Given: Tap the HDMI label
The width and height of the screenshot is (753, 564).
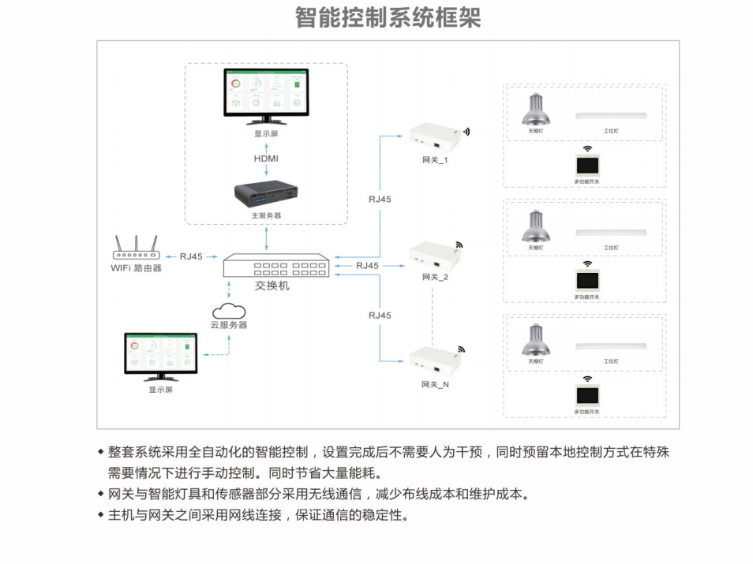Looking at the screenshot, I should [267, 159].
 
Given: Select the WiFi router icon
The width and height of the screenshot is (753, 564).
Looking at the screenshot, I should [136, 248].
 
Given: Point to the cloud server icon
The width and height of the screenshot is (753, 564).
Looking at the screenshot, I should [228, 309].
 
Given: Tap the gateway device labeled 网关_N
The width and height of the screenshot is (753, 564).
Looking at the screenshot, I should [433, 360].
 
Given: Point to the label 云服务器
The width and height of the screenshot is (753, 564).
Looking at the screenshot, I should [228, 325].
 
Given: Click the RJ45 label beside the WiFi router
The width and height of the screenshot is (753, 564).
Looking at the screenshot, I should [191, 256].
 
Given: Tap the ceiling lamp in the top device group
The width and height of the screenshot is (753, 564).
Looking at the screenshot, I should [535, 108].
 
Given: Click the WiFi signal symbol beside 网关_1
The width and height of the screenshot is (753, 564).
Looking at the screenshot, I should [466, 131].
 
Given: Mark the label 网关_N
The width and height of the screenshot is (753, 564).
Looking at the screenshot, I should [435, 385].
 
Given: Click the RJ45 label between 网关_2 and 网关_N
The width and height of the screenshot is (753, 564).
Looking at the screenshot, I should [380, 316].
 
